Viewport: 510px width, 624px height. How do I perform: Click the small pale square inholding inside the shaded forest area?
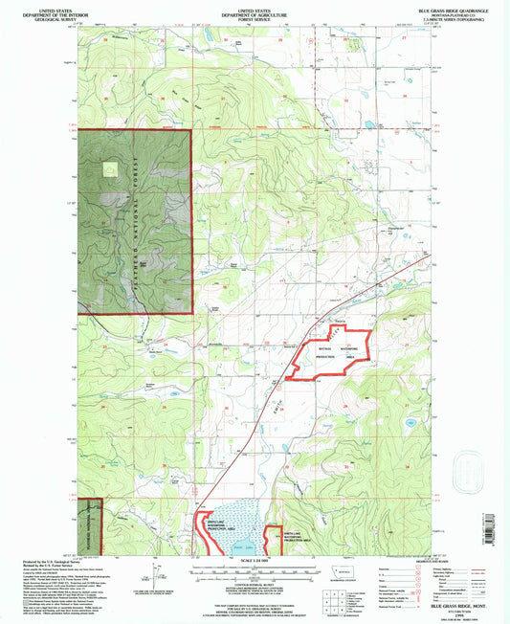click(x=111, y=168)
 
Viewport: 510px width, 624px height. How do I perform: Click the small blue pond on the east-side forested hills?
click(x=410, y=421)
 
